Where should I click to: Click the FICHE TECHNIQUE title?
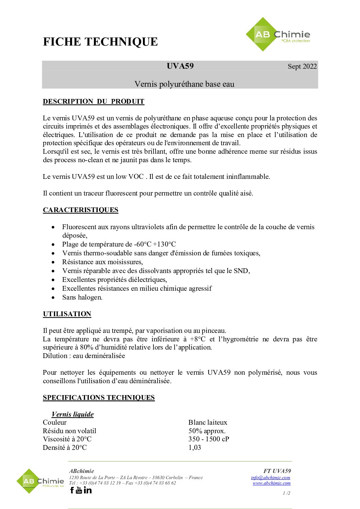(x=100, y=42)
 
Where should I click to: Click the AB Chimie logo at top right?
(x=278, y=34)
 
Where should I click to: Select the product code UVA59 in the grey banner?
(x=180, y=66)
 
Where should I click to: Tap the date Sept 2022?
(x=302, y=66)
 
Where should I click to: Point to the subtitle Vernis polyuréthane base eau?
(x=184, y=84)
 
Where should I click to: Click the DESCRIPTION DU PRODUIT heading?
(x=94, y=101)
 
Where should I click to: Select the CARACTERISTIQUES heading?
(x=81, y=210)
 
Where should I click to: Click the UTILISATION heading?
(x=67, y=314)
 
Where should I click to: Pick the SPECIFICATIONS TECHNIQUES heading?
(x=99, y=397)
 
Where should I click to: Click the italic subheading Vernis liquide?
(x=72, y=414)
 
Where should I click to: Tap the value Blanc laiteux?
(x=208, y=422)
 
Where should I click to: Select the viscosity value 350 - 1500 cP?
(x=209, y=439)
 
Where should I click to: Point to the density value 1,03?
(x=195, y=447)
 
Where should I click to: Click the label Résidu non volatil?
(x=69, y=431)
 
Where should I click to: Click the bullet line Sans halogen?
(x=82, y=297)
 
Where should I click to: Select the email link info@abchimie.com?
(x=271, y=477)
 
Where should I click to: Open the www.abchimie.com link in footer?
(x=272, y=483)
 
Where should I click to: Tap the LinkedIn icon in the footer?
(x=88, y=490)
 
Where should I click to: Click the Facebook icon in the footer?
(x=72, y=490)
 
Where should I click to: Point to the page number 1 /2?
(x=287, y=493)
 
